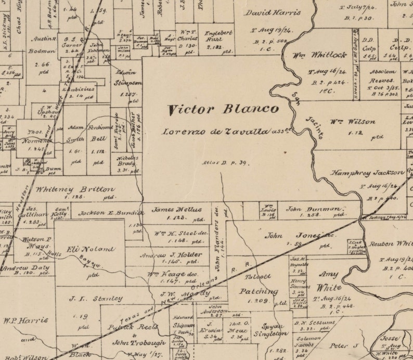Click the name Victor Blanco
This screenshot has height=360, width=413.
coord(223,110)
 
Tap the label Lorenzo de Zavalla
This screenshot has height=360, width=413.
coord(216,132)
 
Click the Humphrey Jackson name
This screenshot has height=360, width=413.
coord(368,173)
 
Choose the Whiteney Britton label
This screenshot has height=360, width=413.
coord(76,190)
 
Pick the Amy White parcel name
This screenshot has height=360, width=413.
coord(328,281)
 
